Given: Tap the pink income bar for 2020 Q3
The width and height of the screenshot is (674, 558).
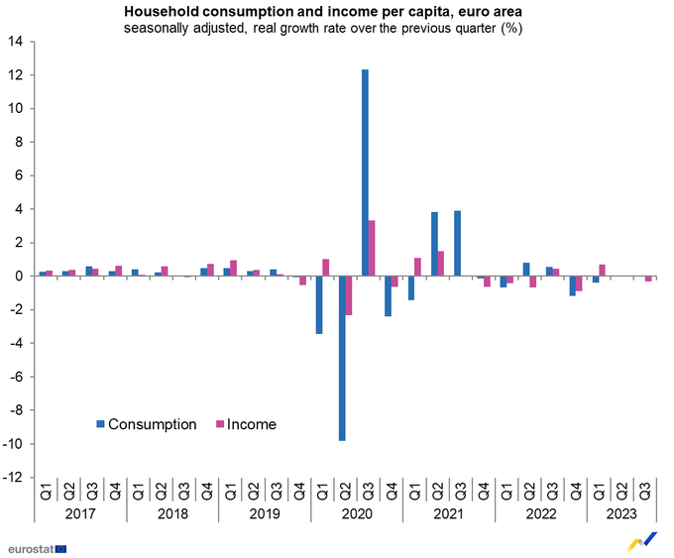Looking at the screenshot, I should click(372, 248).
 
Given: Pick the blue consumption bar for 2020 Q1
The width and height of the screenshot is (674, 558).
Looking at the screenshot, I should click(319, 304).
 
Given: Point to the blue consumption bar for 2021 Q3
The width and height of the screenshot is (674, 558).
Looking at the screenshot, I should click(457, 243).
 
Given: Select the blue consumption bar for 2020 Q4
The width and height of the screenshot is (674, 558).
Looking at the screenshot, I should click(388, 295).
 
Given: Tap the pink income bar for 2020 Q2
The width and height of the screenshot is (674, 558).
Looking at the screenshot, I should click(349, 295).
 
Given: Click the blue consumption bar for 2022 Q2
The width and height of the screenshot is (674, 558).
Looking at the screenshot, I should click(525, 269).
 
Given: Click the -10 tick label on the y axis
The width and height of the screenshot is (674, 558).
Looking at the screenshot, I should click(13, 444).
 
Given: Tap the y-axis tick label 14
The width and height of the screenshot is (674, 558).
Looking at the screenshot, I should click(15, 43).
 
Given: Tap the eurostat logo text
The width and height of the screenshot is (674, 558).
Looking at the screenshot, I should click(29, 546).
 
